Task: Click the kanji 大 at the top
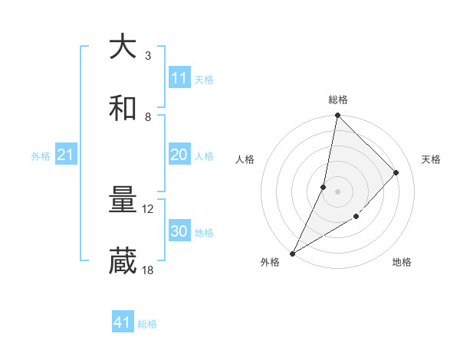[x=123, y=47]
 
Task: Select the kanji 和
[x=123, y=108]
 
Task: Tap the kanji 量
[x=123, y=201]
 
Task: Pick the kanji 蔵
[x=123, y=261]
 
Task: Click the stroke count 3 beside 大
[x=147, y=55]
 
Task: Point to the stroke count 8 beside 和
[x=147, y=116]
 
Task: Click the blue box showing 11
[x=179, y=78]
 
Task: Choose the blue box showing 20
[x=179, y=155]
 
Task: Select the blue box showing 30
[x=179, y=231]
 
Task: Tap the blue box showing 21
[x=66, y=155]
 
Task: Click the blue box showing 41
[x=123, y=323]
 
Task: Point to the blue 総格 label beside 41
[x=147, y=324]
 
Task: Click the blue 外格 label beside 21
[x=41, y=156]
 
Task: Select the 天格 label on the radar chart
[x=431, y=159]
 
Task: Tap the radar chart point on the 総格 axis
[x=337, y=116]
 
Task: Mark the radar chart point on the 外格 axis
[x=292, y=253]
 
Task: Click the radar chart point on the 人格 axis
[x=324, y=187]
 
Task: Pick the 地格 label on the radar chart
[x=402, y=262]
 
